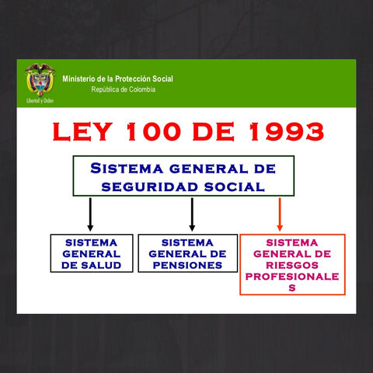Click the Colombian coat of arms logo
[39, 79]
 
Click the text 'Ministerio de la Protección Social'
[117, 78]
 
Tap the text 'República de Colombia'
[123, 89]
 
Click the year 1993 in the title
[281, 131]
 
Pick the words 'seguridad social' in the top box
[183, 186]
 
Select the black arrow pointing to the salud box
[90, 214]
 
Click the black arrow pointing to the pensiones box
[192, 214]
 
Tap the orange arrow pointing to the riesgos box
[280, 214]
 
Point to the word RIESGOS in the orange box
[292, 265]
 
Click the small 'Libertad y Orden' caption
[40, 101]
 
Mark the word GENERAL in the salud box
[91, 253]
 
